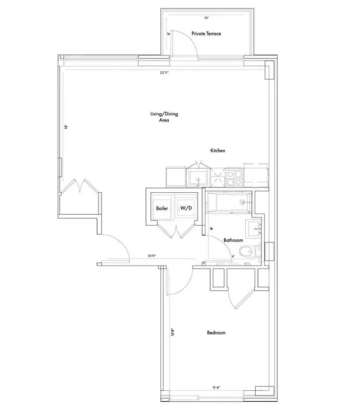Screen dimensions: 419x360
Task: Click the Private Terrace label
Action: [206, 34]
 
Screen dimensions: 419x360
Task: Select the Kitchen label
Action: [218, 151]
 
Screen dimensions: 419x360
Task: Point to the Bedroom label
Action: [216, 333]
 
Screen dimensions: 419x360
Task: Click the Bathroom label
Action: [233, 240]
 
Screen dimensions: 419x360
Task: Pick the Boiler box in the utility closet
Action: [162, 208]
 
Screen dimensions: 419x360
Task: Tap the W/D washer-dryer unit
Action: [186, 208]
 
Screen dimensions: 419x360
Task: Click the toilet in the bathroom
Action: [246, 252]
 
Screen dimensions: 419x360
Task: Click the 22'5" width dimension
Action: [167, 73]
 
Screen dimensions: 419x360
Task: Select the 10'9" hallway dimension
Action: [151, 256]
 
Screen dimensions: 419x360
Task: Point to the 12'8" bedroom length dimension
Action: [171, 332]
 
